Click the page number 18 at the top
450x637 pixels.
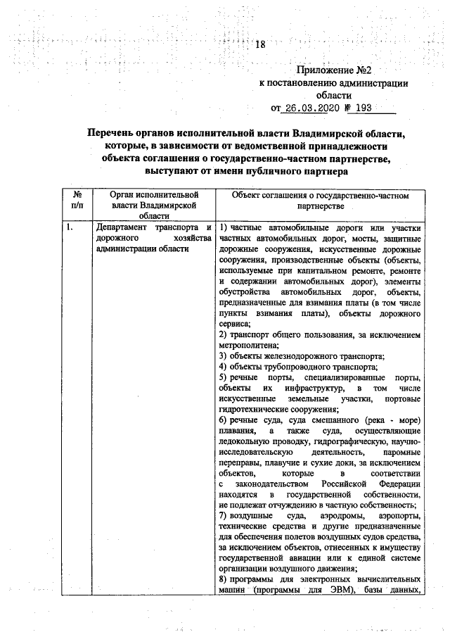(260, 46)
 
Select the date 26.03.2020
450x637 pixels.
(314, 108)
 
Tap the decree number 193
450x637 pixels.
(360, 108)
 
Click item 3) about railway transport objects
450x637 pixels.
(301, 356)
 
